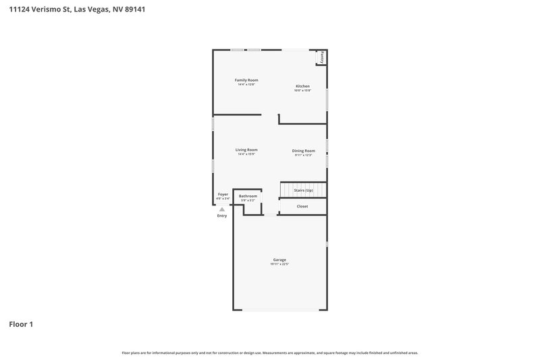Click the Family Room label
[x=246, y=80]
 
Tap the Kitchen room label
[x=302, y=86]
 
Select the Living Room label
[x=246, y=150]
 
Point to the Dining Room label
[x=303, y=151]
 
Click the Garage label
[x=279, y=260]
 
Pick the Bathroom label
[x=248, y=196]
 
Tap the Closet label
[x=302, y=206]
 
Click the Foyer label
[x=223, y=194]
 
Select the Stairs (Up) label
[x=304, y=190]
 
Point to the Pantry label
[x=323, y=58]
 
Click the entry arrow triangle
[x=222, y=209]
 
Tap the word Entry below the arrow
[x=222, y=215]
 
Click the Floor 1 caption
[x=21, y=324]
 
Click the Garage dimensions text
[x=279, y=265]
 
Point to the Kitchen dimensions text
[x=302, y=91]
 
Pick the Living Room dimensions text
[x=246, y=155]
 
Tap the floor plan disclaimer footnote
[x=270, y=353]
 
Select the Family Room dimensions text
[x=246, y=85]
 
